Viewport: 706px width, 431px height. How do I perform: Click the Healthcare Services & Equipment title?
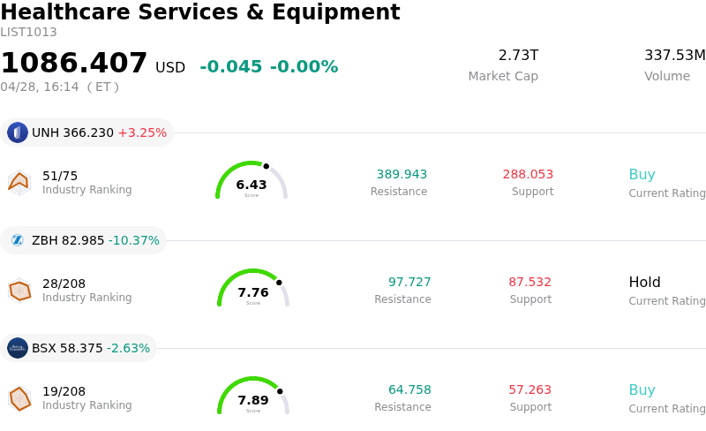click(200, 12)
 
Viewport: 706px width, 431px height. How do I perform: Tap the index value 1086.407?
click(74, 64)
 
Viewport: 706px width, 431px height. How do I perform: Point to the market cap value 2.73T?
click(518, 56)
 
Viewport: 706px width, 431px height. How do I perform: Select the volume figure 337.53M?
click(674, 56)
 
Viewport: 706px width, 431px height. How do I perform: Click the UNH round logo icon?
click(18, 132)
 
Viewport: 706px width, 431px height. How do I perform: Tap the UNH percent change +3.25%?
click(142, 133)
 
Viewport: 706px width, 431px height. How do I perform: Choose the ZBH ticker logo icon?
click(18, 240)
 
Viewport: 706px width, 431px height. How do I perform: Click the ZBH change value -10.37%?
click(134, 241)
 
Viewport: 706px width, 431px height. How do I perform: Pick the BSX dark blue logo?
click(18, 348)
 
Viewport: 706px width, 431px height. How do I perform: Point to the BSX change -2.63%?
click(129, 349)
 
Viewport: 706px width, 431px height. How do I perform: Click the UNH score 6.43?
click(252, 185)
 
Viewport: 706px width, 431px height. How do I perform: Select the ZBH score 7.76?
click(253, 292)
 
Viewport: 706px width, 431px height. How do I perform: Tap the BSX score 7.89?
click(253, 400)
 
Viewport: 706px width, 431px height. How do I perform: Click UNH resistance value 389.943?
click(402, 175)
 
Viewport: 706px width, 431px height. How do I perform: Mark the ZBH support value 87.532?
click(529, 283)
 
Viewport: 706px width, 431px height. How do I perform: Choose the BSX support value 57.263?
click(529, 390)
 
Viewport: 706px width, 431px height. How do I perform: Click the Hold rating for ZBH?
click(644, 283)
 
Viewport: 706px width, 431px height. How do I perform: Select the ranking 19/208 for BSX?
click(64, 391)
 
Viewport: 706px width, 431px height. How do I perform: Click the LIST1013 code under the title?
click(28, 33)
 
